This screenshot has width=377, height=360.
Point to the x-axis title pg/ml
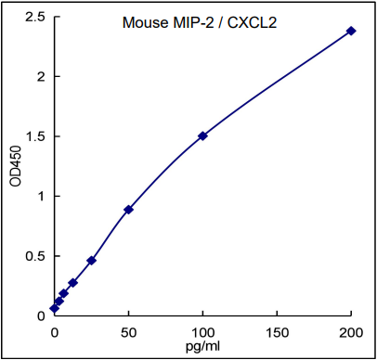click(x=202, y=346)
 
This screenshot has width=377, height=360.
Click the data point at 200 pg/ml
click(x=351, y=31)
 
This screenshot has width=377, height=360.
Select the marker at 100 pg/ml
click(x=202, y=135)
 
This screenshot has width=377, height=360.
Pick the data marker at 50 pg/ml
click(x=128, y=210)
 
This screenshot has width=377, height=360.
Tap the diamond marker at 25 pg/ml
click(x=91, y=261)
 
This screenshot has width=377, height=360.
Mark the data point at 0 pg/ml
click(x=54, y=308)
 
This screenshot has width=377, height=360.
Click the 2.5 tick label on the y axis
click(x=34, y=17)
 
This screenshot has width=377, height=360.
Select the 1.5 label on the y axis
click(x=34, y=136)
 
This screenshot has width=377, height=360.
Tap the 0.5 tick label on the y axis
click(x=34, y=256)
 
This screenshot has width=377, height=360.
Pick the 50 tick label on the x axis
click(x=128, y=331)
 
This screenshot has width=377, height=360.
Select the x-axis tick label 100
click(x=202, y=331)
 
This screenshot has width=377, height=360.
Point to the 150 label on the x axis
click(x=277, y=331)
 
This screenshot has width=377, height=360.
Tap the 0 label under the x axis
click(x=54, y=331)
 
